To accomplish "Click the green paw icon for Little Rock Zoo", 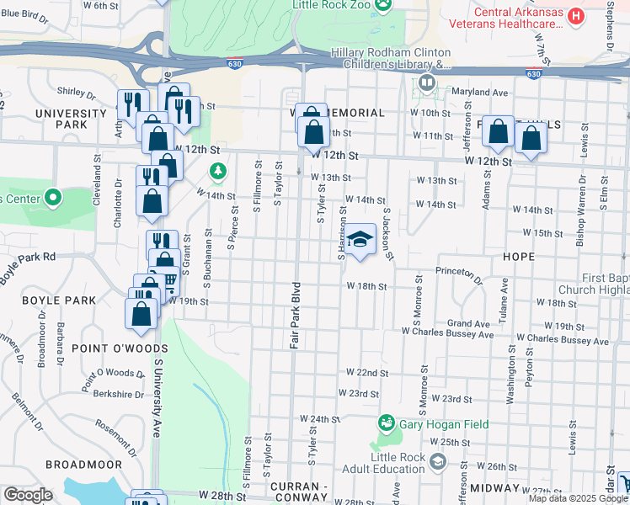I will [x=384, y=5].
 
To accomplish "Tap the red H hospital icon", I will [x=576, y=15].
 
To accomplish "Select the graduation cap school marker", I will [x=360, y=240].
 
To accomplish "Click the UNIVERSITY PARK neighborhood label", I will [x=61, y=119].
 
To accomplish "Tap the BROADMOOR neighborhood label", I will [x=84, y=465].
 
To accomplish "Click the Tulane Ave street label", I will [x=505, y=296].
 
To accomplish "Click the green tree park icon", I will [x=218, y=173].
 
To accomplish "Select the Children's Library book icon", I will [x=427, y=82].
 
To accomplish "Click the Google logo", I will [x=28, y=495].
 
